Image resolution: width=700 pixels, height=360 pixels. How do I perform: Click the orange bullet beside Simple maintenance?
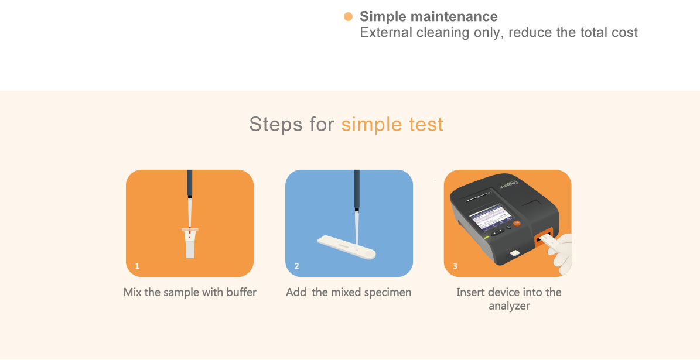pyautogui.click(x=348, y=17)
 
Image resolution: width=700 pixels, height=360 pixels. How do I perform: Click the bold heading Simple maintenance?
pyautogui.click(x=429, y=17)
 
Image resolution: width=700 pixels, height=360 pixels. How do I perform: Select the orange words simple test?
pyautogui.click(x=392, y=124)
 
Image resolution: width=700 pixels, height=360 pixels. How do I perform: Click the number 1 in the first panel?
pyautogui.click(x=137, y=266)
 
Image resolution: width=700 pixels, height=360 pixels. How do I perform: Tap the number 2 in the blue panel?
pyautogui.click(x=297, y=266)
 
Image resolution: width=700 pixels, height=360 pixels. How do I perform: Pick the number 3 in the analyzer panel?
pyautogui.click(x=455, y=266)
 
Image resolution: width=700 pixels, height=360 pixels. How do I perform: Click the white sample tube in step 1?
pyautogui.click(x=190, y=243)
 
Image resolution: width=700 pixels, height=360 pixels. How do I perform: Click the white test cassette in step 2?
pyautogui.click(x=346, y=248)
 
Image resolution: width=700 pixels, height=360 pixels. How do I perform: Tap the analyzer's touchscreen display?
pyautogui.click(x=489, y=217)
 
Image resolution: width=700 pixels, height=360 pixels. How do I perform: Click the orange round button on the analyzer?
pyautogui.click(x=517, y=222)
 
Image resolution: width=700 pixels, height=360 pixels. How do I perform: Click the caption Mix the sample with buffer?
pyautogui.click(x=190, y=293)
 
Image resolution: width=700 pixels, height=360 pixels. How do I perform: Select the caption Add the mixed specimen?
pyautogui.click(x=348, y=293)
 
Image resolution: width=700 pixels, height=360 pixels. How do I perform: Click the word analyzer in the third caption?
pyautogui.click(x=509, y=307)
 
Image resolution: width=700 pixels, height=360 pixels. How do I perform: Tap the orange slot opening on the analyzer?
pyautogui.click(x=544, y=239)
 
